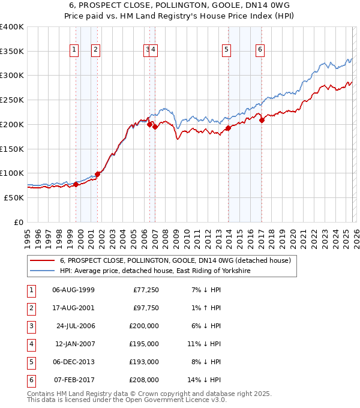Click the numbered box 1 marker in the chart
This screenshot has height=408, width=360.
[x=74, y=50]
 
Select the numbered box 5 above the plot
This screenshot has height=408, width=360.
[x=226, y=50]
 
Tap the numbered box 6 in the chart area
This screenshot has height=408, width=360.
[x=260, y=50]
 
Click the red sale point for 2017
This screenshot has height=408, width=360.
[x=262, y=120]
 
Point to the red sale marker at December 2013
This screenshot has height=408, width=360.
[x=228, y=128]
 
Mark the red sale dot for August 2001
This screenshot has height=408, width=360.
[x=97, y=174]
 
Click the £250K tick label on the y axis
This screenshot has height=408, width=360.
[x=12, y=100]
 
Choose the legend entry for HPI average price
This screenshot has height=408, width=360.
[x=155, y=271]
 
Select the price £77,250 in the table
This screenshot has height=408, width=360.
[x=144, y=290]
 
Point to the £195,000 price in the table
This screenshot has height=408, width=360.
[x=144, y=344]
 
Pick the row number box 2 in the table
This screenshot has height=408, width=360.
[x=30, y=308]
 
